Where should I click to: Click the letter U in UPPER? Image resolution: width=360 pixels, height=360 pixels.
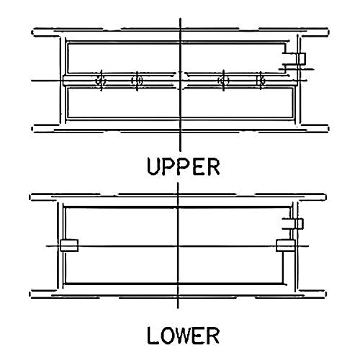(153, 166)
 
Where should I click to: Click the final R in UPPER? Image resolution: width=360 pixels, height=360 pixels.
(213, 166)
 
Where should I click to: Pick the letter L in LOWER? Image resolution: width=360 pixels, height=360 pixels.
(153, 336)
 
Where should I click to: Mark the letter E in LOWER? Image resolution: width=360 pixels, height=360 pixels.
(199, 336)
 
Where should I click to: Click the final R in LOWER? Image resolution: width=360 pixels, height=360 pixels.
(213, 336)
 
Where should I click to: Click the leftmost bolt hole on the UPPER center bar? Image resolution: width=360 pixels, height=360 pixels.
(101, 81)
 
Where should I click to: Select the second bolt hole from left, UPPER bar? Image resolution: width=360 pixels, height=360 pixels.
(137, 81)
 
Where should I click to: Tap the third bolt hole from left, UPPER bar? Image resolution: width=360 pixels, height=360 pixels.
(223, 81)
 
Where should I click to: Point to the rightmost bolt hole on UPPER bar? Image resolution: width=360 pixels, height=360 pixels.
(261, 81)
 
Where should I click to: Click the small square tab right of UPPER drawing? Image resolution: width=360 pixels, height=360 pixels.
(302, 58)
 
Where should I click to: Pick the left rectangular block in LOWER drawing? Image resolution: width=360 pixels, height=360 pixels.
(69, 246)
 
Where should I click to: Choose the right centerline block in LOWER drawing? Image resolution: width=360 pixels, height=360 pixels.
(286, 246)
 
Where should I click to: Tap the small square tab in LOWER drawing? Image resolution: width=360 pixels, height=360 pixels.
(300, 224)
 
